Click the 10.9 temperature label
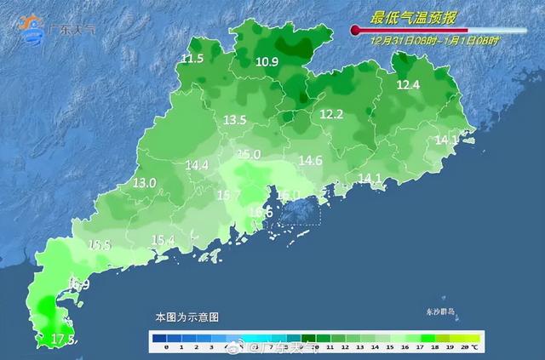click(x=267, y=62)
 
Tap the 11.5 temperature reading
click(x=192, y=59)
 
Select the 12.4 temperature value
click(x=409, y=85)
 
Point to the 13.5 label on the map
click(x=234, y=121)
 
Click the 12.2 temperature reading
click(x=331, y=114)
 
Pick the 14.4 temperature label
click(x=197, y=165)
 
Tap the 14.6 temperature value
click(x=310, y=160)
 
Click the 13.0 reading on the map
click(x=145, y=183)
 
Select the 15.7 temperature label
click(x=229, y=196)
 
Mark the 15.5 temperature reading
click(x=100, y=245)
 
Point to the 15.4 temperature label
click(x=163, y=241)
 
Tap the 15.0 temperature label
click(x=249, y=154)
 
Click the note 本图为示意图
click(x=186, y=317)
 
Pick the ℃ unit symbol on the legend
click(x=474, y=347)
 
